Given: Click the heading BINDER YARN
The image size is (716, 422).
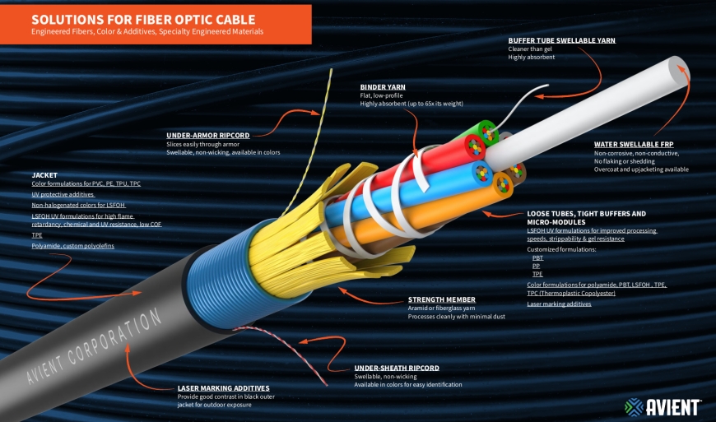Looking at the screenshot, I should [383, 86].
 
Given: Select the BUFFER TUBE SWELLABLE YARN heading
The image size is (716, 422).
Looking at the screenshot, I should [561, 40].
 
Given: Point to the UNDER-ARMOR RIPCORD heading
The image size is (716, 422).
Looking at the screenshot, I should [207, 135].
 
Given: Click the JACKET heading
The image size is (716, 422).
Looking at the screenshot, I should [44, 174].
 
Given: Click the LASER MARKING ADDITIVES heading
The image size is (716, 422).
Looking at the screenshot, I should [223, 387].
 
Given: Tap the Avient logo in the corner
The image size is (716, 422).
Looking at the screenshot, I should [663, 406].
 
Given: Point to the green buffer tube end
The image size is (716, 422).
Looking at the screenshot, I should [491, 132].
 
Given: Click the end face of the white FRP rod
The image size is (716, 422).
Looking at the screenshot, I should [680, 71].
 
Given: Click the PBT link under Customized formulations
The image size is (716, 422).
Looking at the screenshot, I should [537, 257].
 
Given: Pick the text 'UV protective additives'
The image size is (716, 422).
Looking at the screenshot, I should [63, 194].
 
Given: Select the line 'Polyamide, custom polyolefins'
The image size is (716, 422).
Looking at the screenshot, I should [72, 245].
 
